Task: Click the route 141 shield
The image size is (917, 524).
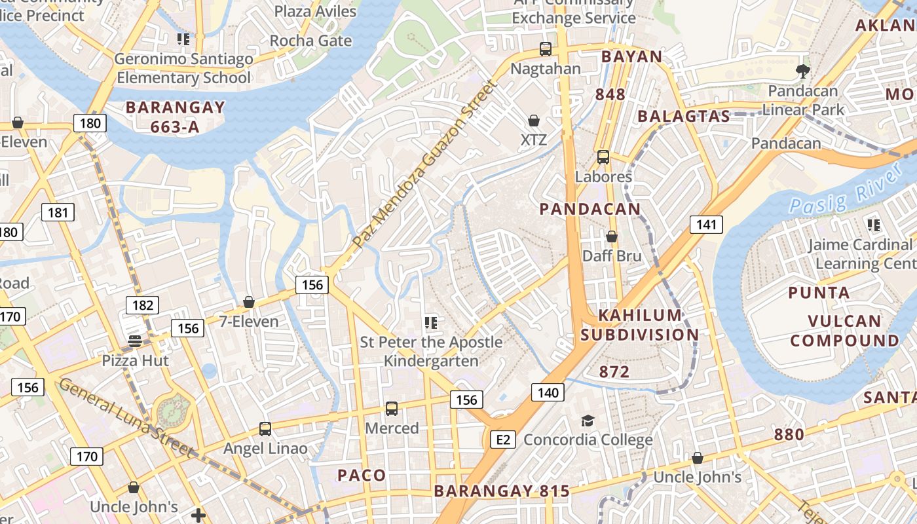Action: coord(706,225)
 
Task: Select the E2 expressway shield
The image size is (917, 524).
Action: coord(503,440)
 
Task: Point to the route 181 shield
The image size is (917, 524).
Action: coord(58,212)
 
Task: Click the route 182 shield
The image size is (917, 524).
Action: coord(142,305)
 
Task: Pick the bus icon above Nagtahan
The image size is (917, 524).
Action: coord(545,48)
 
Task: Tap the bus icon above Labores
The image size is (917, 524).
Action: coord(603,157)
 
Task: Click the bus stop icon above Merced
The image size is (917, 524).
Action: coord(392,409)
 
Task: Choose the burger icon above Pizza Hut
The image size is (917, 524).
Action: coord(135,341)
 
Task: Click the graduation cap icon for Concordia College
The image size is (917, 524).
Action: coord(588,421)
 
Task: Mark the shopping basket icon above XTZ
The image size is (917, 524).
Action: coord(534,121)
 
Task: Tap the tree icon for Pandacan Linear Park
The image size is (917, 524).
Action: coord(803,71)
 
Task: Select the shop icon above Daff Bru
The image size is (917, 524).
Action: coord(612,236)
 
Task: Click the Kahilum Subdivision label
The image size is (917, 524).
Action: coord(640,325)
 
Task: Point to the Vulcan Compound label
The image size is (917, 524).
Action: coord(844,331)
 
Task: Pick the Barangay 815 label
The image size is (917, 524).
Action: coord(502,491)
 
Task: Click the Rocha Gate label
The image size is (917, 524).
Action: coord(310,41)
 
